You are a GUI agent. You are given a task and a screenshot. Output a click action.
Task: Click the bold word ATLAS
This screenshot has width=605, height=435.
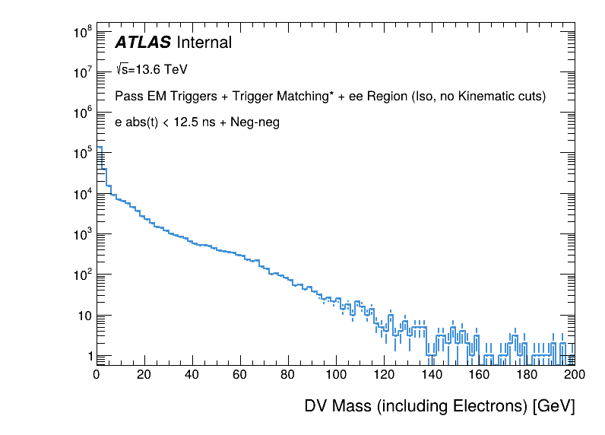click(x=143, y=43)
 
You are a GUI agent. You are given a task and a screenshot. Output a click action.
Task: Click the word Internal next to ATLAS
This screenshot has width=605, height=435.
click(x=204, y=43)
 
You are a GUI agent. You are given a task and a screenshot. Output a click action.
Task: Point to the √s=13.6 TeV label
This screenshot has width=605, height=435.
click(x=151, y=69)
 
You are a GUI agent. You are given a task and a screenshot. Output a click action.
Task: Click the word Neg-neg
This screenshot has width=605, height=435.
click(x=255, y=122)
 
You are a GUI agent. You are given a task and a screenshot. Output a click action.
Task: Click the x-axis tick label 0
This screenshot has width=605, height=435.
click(x=97, y=374)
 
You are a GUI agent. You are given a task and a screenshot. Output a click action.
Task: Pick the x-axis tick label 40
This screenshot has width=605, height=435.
click(x=192, y=374)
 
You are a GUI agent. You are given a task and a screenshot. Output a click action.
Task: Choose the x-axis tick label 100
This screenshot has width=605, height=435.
click(x=335, y=374)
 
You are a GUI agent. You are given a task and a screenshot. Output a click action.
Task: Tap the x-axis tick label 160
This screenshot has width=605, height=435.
click(x=479, y=374)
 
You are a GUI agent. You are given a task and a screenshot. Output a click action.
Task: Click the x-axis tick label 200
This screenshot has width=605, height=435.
click(x=575, y=374)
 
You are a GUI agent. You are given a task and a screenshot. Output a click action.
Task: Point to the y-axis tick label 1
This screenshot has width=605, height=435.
click(x=90, y=356)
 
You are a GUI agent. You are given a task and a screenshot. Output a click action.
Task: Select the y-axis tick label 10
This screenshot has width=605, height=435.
click(x=84, y=316)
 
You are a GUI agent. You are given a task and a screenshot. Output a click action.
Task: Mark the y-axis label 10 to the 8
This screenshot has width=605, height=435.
click(x=82, y=32)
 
